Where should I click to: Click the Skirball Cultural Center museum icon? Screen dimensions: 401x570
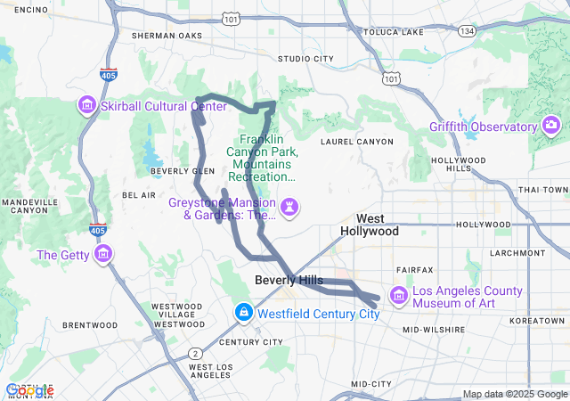86,106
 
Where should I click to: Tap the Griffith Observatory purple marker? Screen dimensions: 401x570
551,127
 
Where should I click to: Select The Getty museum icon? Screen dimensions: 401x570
104,255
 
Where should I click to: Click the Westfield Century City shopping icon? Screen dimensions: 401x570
243,314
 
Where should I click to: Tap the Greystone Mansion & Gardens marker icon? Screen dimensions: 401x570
290,208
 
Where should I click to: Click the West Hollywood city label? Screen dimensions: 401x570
370,225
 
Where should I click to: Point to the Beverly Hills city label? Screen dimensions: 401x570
289,280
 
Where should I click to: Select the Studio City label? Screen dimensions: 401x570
305,59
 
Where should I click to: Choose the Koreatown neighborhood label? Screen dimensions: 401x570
537,320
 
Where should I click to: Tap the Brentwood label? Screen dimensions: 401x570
90,325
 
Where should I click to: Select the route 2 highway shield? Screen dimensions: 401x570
193,354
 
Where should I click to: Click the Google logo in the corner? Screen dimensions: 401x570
28,389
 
